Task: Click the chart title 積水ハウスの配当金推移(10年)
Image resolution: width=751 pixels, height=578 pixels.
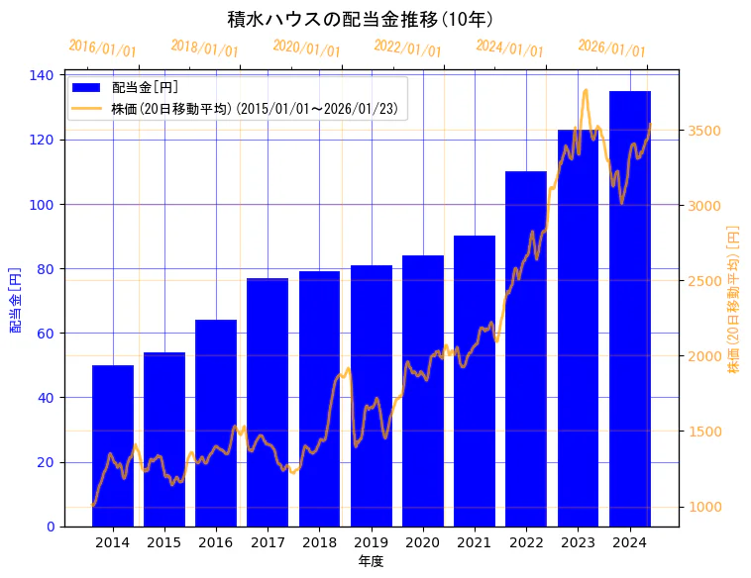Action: [x=361, y=20]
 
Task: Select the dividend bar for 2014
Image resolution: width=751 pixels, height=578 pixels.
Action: [x=112, y=445]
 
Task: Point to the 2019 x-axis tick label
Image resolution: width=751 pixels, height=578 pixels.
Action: [x=371, y=541]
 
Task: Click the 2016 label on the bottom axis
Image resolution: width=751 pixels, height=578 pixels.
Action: [x=216, y=541]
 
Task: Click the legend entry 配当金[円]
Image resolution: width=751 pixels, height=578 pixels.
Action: [x=145, y=88]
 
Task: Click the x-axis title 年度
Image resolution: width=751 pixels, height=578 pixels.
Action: [x=371, y=561]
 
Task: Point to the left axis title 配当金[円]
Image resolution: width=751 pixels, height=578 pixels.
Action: [x=15, y=299]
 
